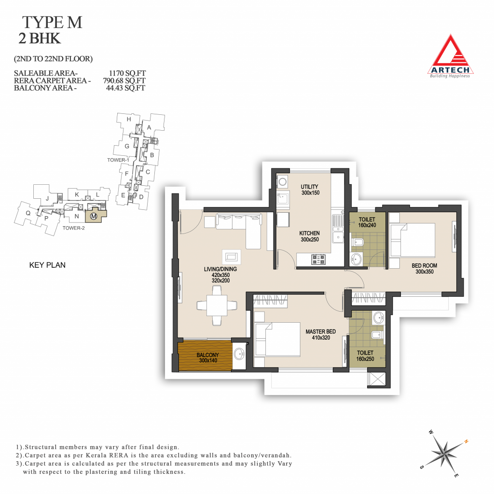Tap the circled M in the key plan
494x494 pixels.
tap(93, 216)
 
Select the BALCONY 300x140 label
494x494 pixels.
tap(207, 357)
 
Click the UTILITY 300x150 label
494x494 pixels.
tap(310, 190)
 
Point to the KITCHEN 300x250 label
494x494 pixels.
tap(309, 236)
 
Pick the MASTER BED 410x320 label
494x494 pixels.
tap(321, 335)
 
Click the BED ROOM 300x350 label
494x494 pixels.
tap(424, 268)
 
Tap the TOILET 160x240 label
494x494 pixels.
tap(367, 222)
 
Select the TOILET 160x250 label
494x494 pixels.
tap(365, 356)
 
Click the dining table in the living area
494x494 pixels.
tap(217, 305)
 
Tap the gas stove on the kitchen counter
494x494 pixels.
tap(318, 260)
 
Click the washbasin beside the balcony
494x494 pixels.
tap(239, 354)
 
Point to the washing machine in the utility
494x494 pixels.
tap(283, 182)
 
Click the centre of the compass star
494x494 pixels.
tap(444, 453)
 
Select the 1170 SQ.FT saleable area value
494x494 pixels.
tap(127, 73)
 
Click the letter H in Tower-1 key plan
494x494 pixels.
tap(128, 119)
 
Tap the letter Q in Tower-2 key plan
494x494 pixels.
tap(28, 213)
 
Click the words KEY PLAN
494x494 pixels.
tap(47, 265)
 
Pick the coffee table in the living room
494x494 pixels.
tap(232, 257)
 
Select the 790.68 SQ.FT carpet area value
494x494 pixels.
tap(124, 81)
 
